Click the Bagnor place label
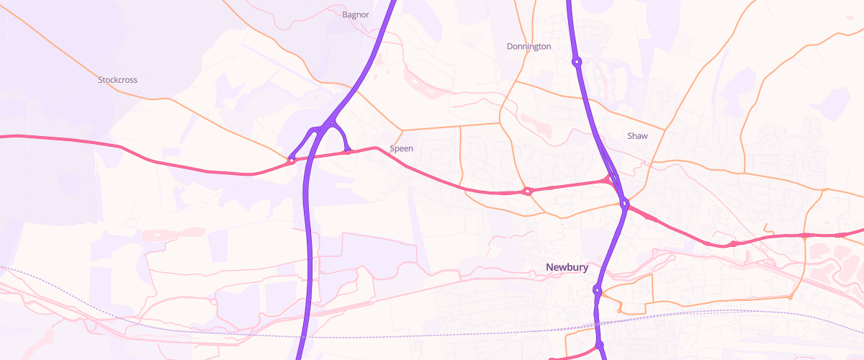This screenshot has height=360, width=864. coord(356,14)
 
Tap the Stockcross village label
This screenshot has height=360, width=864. coord(117,80)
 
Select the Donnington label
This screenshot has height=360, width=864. coord(528,47)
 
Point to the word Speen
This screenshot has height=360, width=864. coord(401,148)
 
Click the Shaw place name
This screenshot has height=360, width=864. coord(637,136)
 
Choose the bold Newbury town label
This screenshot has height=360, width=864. coord(567,268)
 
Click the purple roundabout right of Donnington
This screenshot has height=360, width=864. coord(577,62)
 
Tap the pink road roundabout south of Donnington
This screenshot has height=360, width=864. coord(528,192)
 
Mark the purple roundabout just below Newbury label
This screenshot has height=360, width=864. coord(597,290)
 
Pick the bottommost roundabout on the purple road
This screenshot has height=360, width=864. coord(600,346)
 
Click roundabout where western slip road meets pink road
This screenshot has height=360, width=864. coord(292,160)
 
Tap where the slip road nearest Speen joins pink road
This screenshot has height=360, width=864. coord(347,151)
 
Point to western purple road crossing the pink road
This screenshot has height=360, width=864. coord(307,157)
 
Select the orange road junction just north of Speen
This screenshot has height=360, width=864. coord(402,131)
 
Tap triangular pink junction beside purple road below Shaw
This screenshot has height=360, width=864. coord(611,179)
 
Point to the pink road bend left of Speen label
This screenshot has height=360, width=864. coord(376,148)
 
